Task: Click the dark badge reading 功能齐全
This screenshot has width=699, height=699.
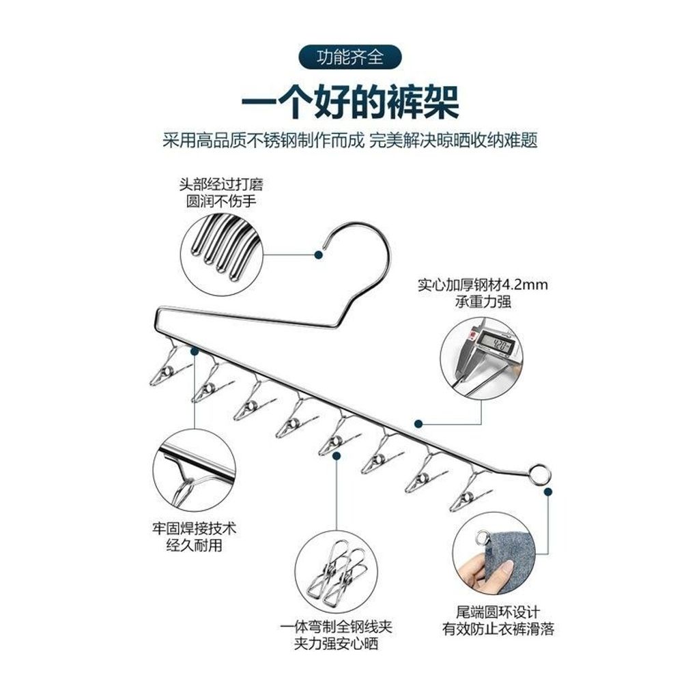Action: (350, 57)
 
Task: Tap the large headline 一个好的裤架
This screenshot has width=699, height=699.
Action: (350, 102)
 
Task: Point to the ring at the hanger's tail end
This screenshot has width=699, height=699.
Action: (540, 474)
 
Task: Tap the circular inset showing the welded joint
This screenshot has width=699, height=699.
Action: (195, 471)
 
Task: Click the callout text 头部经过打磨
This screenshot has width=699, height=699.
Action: (221, 184)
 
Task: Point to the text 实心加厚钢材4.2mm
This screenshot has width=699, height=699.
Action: (483, 285)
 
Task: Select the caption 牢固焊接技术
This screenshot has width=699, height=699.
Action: (195, 529)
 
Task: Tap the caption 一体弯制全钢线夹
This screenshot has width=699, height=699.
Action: (336, 627)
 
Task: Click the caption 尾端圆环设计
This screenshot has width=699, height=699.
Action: (498, 612)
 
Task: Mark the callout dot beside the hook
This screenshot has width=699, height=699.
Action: (318, 255)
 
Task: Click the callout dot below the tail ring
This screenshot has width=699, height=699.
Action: (548, 491)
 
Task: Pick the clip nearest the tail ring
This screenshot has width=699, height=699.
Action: (469, 490)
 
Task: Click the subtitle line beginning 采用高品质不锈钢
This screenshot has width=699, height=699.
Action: (350, 140)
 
